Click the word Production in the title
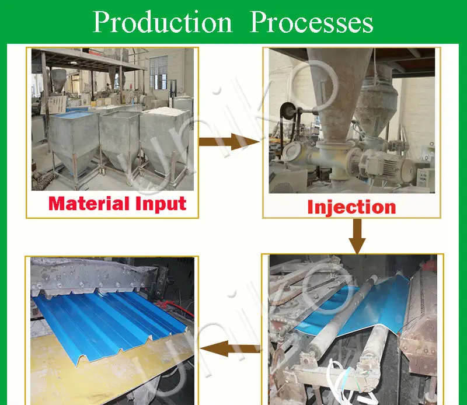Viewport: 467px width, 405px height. [x=163, y=22]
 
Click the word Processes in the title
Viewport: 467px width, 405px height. [x=312, y=22]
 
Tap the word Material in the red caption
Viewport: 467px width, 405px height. [x=89, y=204]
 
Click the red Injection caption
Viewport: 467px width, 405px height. [x=351, y=207]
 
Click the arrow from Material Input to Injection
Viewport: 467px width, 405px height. [x=229, y=142]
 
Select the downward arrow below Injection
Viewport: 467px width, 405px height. [x=357, y=237]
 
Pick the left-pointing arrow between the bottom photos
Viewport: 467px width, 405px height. [x=230, y=349]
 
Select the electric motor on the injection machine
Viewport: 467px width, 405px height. [x=384, y=163]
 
